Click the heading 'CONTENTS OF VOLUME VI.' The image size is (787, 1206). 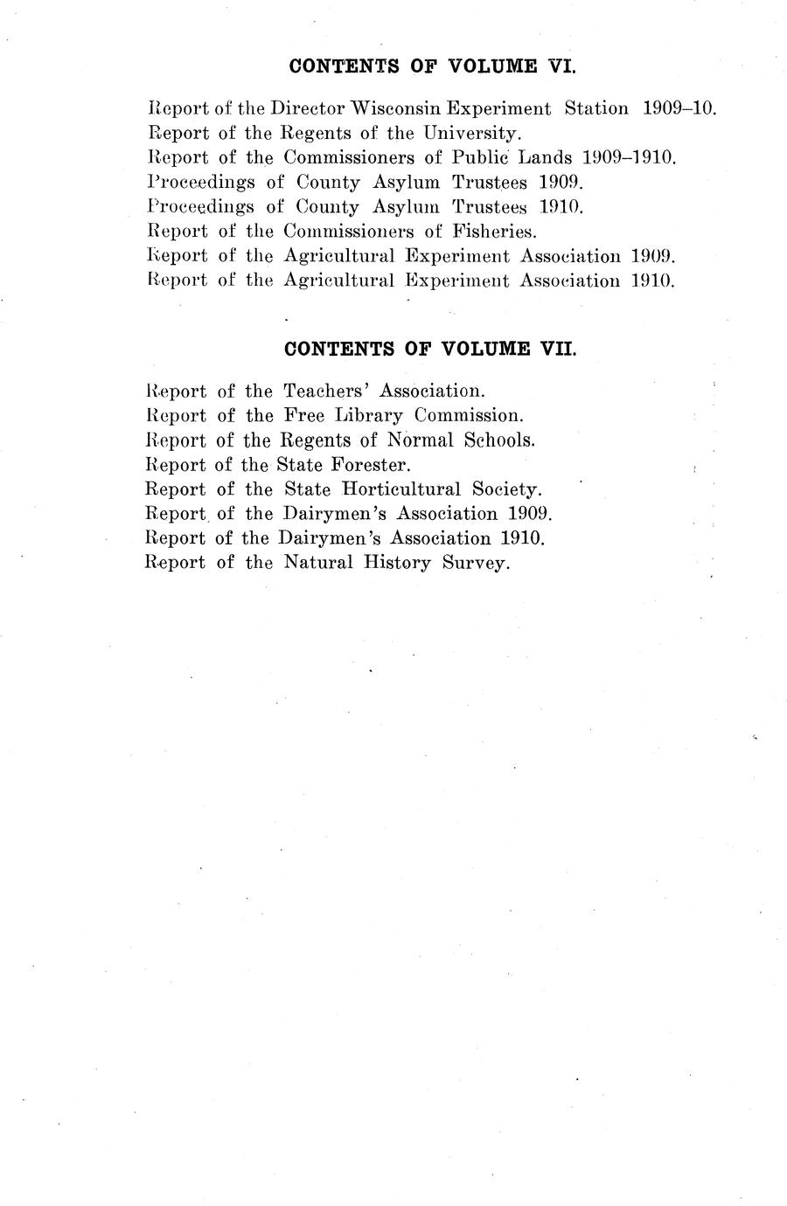(431, 66)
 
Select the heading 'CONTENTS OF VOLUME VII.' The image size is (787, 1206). (431, 349)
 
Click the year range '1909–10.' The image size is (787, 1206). (679, 109)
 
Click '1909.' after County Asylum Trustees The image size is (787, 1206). (554, 183)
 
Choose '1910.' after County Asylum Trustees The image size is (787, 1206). (554, 207)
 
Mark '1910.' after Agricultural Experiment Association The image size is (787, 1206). (647, 281)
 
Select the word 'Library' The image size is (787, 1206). (364, 415)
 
